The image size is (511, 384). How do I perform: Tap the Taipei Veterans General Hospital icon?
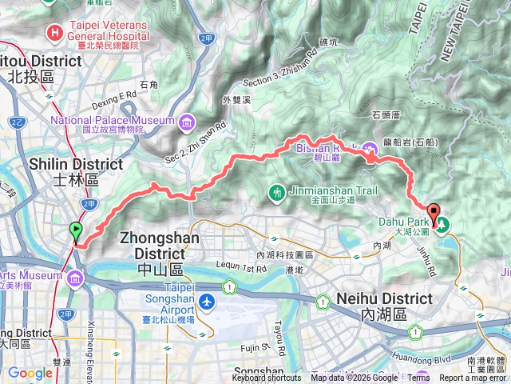(x=54, y=33)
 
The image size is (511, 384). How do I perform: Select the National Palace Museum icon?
(x=186, y=122)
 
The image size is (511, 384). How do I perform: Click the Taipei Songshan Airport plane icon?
(x=208, y=302)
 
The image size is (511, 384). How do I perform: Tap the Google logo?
(x=30, y=373)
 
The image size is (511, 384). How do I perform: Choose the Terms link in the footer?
(x=421, y=378)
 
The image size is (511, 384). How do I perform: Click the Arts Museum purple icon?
(x=75, y=278)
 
